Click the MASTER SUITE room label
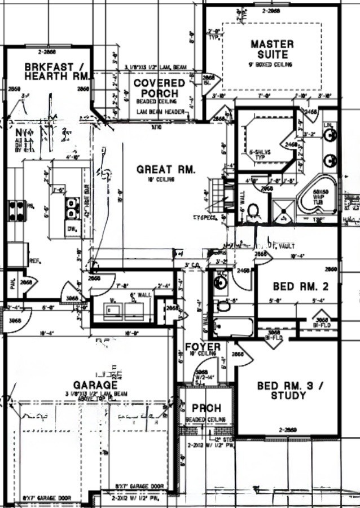(272, 49)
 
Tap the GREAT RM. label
(166, 169)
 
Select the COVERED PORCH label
(159, 88)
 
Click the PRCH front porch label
(206, 408)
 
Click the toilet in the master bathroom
(253, 211)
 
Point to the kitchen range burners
(16, 210)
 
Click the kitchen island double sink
(72, 207)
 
